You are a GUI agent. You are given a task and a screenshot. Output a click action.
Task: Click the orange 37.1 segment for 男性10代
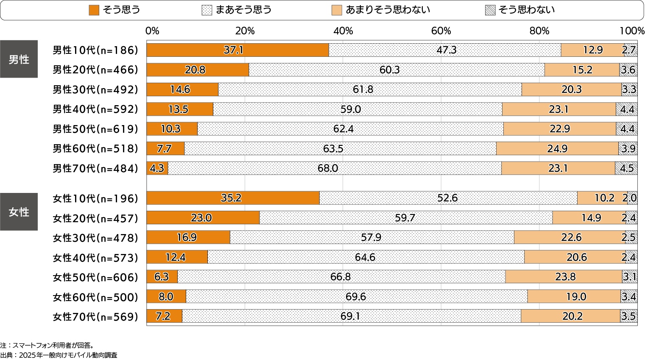(237, 50)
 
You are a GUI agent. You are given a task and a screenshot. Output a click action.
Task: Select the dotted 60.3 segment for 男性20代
(396, 70)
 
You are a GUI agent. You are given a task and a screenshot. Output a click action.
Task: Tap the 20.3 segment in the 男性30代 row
(571, 89)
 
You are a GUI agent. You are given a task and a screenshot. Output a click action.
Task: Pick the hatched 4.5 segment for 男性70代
(626, 168)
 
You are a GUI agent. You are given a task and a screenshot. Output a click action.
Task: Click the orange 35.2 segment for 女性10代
(233, 198)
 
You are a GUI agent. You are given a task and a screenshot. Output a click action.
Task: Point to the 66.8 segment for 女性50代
(341, 277)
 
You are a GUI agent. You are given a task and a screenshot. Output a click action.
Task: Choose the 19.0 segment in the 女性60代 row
(574, 297)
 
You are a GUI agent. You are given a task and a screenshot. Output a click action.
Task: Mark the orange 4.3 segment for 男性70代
(157, 168)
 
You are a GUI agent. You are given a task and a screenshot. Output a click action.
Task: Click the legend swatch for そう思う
(94, 10)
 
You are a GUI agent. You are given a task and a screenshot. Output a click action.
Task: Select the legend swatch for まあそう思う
(207, 10)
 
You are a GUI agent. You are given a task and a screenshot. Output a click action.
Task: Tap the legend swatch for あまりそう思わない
(337, 10)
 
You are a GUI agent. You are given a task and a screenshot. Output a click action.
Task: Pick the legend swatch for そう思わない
(490, 10)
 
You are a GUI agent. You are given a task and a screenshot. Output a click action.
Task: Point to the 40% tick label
(343, 31)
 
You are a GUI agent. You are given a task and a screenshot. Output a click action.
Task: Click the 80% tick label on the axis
(539, 31)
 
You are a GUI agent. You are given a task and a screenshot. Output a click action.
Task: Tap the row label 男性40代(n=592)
(95, 109)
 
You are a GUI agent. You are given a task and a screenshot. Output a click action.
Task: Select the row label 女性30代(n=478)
(95, 238)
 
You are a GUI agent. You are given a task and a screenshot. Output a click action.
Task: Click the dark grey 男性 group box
(19, 59)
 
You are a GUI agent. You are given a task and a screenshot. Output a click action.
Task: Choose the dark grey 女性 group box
(19, 212)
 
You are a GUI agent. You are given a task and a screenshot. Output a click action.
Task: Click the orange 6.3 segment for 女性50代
(162, 277)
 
